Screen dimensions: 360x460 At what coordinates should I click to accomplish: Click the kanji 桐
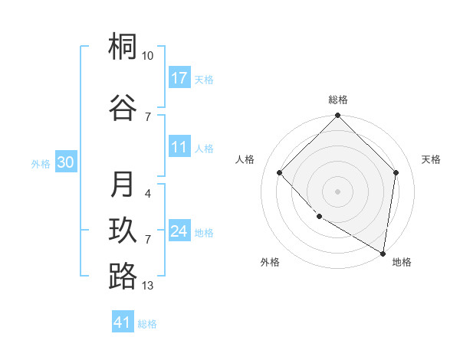point(123,48)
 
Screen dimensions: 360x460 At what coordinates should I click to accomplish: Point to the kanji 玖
point(123,231)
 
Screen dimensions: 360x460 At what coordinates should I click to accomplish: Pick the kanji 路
point(123,277)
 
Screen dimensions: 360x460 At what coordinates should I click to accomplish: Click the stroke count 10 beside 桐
point(148,56)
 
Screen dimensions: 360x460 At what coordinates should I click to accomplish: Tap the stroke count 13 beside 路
point(148,286)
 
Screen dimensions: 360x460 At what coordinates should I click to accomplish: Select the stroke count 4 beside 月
point(148,193)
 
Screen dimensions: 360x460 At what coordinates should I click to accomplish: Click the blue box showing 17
point(179,78)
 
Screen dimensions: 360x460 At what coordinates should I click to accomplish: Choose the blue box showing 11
point(179,147)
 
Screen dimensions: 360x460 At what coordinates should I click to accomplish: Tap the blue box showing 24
point(179,231)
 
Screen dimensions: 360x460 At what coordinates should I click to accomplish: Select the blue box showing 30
point(65,162)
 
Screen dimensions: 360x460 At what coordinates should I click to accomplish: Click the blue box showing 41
point(123,322)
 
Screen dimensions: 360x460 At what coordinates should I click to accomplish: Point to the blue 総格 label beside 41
point(147,324)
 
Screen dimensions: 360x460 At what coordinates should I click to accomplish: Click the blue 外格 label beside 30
point(41,163)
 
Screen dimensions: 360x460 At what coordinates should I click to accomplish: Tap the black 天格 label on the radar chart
point(431,159)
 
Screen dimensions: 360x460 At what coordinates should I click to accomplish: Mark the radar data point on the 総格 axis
point(337,116)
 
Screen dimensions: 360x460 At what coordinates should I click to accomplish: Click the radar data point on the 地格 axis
point(383,253)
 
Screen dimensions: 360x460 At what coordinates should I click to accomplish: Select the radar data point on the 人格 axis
point(280,173)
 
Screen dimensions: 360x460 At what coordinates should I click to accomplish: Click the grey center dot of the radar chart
point(337,191)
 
